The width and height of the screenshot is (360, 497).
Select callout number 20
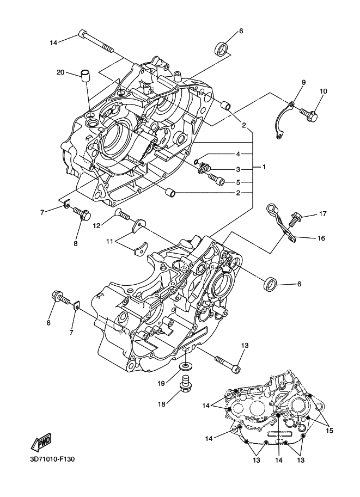coord(60,72)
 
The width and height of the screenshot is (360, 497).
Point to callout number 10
coord(323,91)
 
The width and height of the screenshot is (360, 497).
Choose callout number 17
coord(322,214)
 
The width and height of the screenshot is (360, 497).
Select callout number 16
coord(321,238)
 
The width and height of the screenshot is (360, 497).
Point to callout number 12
coord(97,225)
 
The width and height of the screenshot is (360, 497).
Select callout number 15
coord(329,431)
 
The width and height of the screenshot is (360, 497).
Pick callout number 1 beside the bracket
coord(264,167)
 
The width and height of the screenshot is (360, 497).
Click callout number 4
coord(238,154)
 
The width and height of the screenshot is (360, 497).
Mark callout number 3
coord(238,170)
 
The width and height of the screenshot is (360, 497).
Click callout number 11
coord(110,242)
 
